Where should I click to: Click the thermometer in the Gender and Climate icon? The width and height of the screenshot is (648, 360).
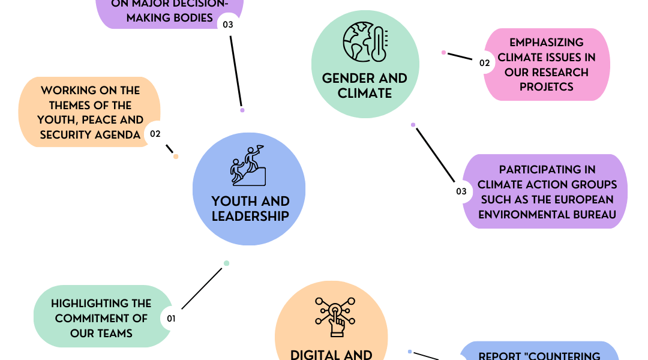click(x=379, y=44)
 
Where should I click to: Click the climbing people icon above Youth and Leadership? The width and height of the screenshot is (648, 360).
click(x=248, y=166)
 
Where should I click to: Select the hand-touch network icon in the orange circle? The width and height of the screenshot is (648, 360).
click(x=335, y=317)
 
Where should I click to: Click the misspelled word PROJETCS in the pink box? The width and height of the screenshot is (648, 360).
click(x=547, y=87)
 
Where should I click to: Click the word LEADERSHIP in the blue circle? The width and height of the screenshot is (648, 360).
click(x=250, y=216)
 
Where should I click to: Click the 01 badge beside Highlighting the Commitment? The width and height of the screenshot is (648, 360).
click(x=171, y=319)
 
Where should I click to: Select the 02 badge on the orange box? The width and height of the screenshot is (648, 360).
click(x=155, y=134)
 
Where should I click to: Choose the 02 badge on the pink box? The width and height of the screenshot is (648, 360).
click(x=484, y=63)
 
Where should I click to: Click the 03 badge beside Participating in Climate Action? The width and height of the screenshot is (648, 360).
click(x=461, y=191)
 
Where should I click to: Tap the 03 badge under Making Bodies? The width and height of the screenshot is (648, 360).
click(x=228, y=25)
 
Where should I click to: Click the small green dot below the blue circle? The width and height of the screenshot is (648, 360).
click(x=226, y=263)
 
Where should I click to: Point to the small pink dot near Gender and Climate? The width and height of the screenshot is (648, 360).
click(x=443, y=52)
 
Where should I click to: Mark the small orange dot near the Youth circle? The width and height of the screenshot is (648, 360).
click(x=176, y=157)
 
